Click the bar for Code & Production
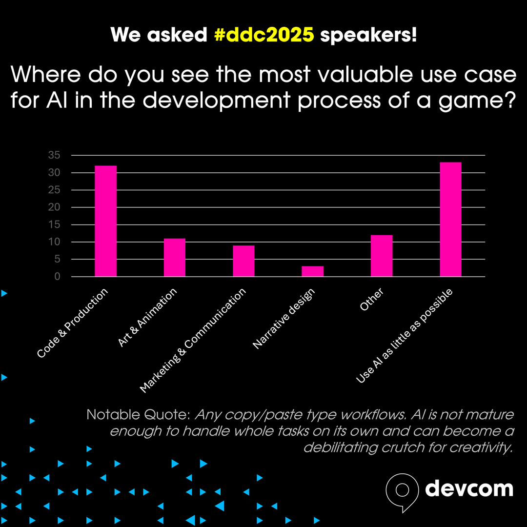tap(105, 221)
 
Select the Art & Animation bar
tap(174, 257)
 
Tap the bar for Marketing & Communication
tap(243, 261)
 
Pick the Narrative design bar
tap(312, 271)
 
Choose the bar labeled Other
tap(382, 256)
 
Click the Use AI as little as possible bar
tap(450, 219)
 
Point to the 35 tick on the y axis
tap(54, 155)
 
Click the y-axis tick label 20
tap(54, 207)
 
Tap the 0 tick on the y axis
tap(57, 277)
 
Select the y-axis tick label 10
tap(54, 242)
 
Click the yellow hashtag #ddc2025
tap(263, 35)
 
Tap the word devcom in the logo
tap(469, 488)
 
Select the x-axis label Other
tap(372, 300)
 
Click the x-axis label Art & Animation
tap(147, 318)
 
